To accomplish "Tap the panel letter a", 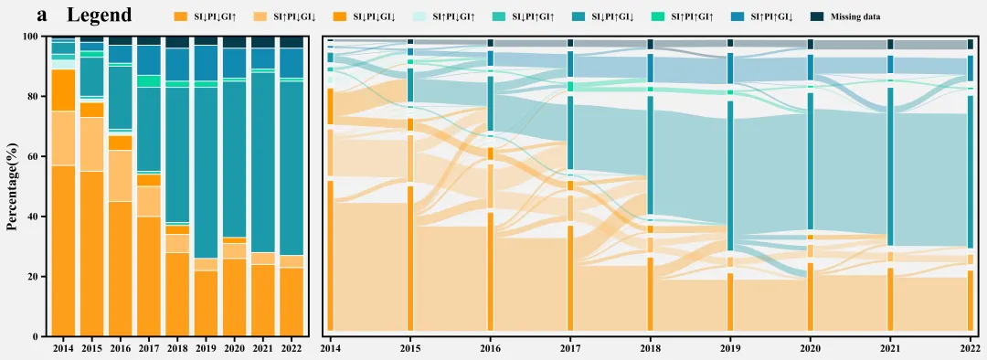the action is click(42, 16).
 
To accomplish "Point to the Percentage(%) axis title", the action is click(12, 186).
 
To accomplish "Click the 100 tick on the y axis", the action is click(31, 37).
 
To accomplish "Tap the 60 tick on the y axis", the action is click(34, 157).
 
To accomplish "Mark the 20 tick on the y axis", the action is click(34, 277).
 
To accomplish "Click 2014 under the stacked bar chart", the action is click(64, 347).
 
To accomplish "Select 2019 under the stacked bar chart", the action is click(207, 347).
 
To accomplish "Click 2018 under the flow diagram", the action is click(651, 347).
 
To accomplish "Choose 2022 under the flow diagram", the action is click(970, 347).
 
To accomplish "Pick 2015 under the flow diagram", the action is click(410, 347).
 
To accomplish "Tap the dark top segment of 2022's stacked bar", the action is click(292, 42).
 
